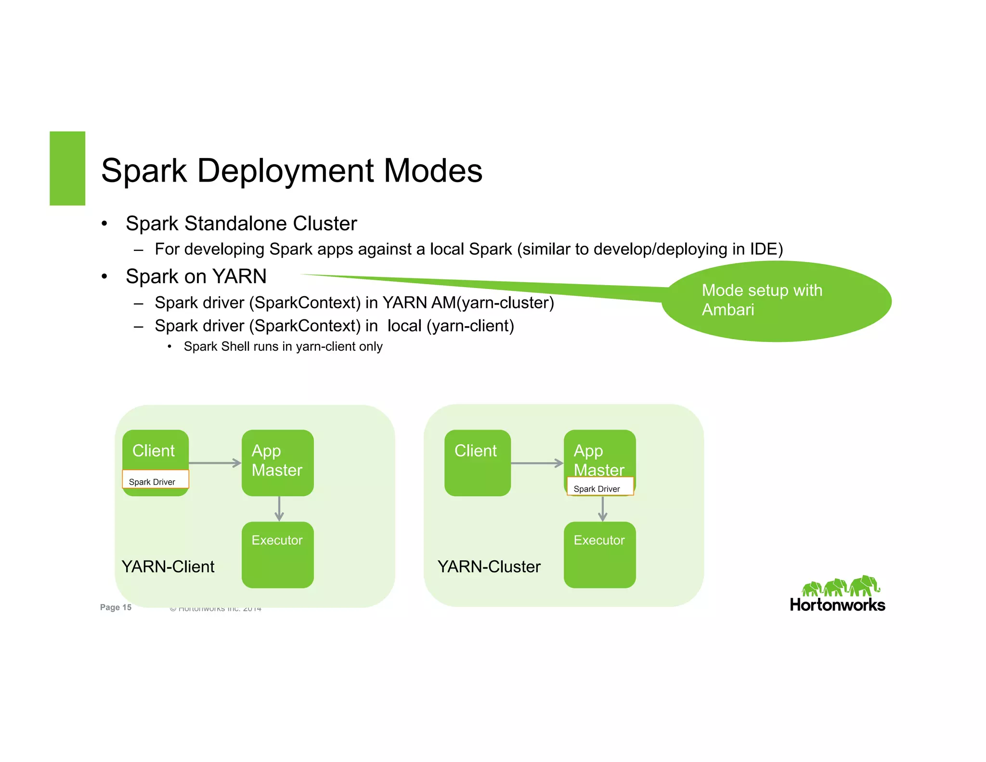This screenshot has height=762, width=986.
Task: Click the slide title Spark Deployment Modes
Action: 291,171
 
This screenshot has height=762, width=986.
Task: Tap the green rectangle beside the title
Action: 67,169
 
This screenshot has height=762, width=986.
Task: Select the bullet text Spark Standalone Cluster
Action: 241,223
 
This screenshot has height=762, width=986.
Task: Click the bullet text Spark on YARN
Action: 196,276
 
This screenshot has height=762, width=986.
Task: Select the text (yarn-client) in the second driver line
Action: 470,326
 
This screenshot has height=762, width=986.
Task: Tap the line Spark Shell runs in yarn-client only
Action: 283,347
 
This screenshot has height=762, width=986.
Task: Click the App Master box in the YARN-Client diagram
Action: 277,461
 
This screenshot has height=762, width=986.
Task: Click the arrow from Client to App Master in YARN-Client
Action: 215,463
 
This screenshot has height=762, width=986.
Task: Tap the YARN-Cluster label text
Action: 489,567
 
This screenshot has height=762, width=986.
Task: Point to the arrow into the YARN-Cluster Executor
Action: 602,509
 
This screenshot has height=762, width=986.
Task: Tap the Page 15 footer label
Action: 116,607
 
